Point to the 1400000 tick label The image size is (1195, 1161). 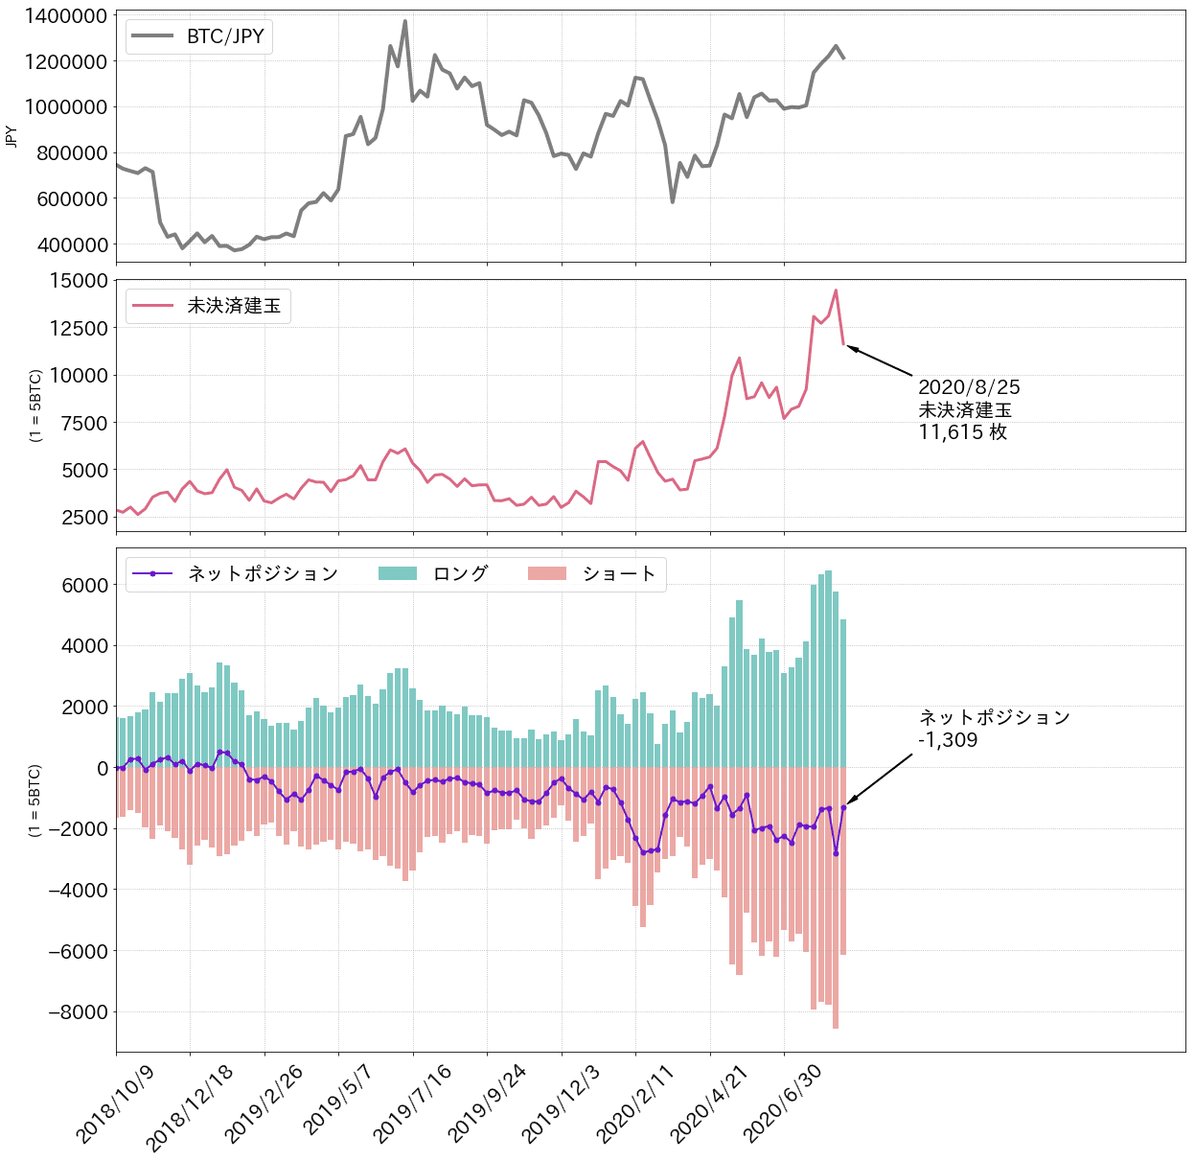pyautogui.click(x=65, y=15)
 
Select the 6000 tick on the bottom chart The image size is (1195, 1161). pyautogui.click(x=83, y=585)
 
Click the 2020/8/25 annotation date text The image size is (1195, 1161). pyautogui.click(x=969, y=387)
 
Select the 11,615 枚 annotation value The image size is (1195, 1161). pyautogui.click(x=962, y=432)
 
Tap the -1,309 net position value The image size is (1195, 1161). pyautogui.click(x=948, y=740)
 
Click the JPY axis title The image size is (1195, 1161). pyautogui.click(x=11, y=137)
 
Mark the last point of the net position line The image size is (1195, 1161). pyautogui.click(x=843, y=807)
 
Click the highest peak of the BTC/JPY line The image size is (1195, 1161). pyautogui.click(x=405, y=21)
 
